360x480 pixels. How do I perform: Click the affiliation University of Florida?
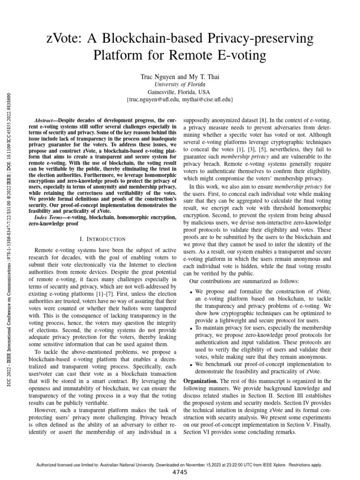point(180,84)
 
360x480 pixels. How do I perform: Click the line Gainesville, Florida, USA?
point(180,92)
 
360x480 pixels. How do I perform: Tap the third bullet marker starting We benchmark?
point(191,364)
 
